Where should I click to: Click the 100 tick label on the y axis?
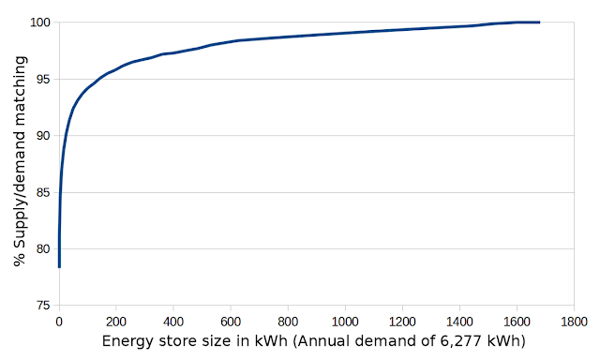coord(40,22)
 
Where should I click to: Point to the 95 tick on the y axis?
coord(43,79)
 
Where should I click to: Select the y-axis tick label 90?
coord(43,136)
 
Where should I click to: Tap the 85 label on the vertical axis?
coord(43,192)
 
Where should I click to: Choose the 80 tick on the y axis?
coord(43,249)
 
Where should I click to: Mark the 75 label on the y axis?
coord(43,306)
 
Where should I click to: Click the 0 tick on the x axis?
coord(59,322)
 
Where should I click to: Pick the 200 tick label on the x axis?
coord(116,322)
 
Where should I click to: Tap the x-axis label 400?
coord(173,322)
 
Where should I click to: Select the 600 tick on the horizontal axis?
coord(231,322)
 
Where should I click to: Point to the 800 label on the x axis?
coord(288,322)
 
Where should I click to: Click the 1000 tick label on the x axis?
coord(345,322)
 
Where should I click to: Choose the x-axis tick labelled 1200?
coord(402,322)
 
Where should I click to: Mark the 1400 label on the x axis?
coord(459,322)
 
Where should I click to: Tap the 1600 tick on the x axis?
coord(517,322)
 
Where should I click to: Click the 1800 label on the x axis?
coord(574,322)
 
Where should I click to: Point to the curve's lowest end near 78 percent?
coord(59,267)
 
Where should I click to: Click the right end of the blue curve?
coord(539,22)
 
